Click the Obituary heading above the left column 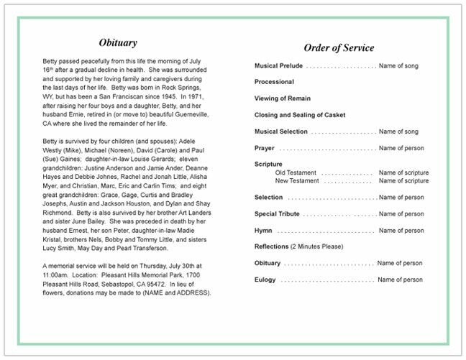pyautogui.click(x=118, y=43)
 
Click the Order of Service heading pyautogui.click(x=339, y=48)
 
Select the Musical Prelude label pyautogui.click(x=278, y=66)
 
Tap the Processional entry pyautogui.click(x=274, y=82)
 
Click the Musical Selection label pyautogui.click(x=281, y=131)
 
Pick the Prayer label pyautogui.click(x=265, y=148)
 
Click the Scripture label pyautogui.click(x=268, y=165)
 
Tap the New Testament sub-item pyautogui.click(x=298, y=181)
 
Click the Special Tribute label pyautogui.click(x=278, y=214)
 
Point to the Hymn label pyautogui.click(x=263, y=231)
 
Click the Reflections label pyautogui.click(x=272, y=246)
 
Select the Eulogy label pyautogui.click(x=265, y=280)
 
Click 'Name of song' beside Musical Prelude pyautogui.click(x=398, y=66)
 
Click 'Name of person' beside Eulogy pyautogui.click(x=400, y=280)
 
